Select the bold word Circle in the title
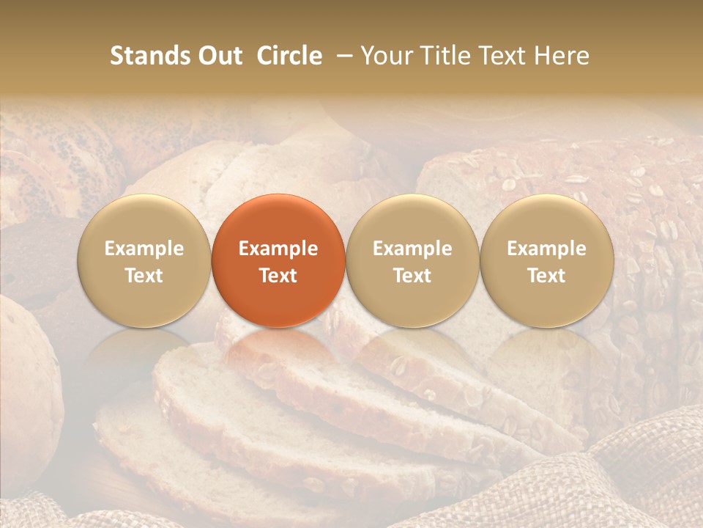click(x=289, y=56)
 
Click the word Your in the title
click(x=385, y=56)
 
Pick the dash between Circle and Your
click(x=342, y=56)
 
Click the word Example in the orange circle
click(x=278, y=249)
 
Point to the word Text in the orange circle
click(x=278, y=276)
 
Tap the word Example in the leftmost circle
click(x=144, y=249)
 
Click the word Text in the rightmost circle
click(x=547, y=276)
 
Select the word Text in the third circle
click(x=412, y=276)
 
